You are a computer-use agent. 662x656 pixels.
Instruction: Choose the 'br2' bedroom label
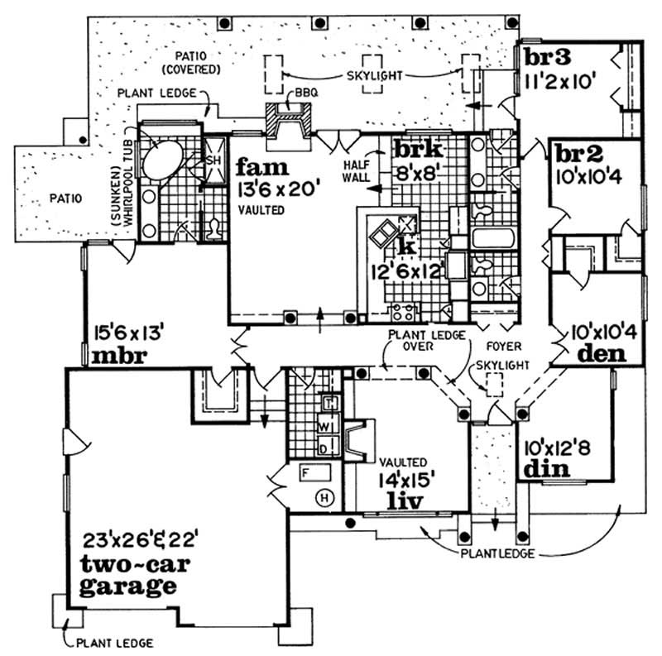pyautogui.click(x=577, y=155)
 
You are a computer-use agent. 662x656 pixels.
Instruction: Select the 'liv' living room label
pyautogui.click(x=405, y=500)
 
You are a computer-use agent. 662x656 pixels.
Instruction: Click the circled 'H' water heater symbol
pyautogui.click(x=326, y=498)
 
